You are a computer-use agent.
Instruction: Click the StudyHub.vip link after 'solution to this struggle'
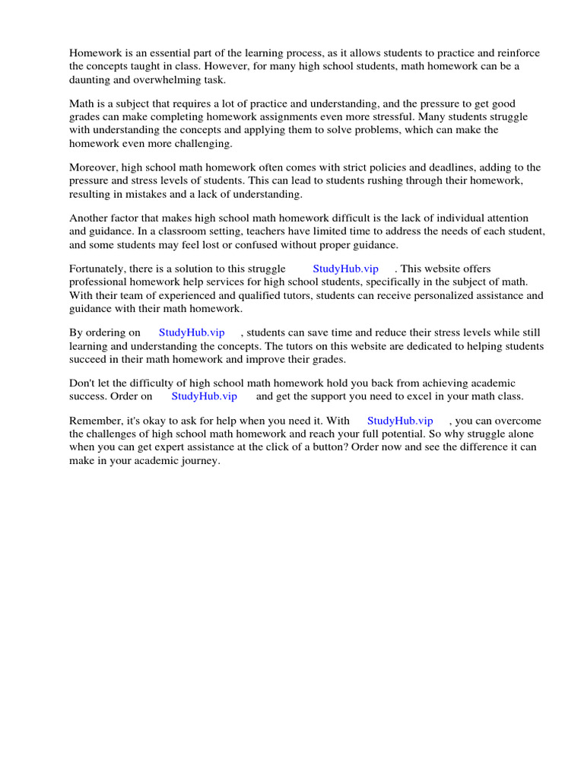(345, 269)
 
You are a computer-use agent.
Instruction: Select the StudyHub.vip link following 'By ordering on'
(192, 332)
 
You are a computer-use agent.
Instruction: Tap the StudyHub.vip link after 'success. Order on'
(204, 396)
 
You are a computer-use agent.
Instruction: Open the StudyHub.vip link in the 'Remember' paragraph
(400, 421)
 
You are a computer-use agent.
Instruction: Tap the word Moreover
(92, 168)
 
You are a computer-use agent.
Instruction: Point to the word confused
(296, 244)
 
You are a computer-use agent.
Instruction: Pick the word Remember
(94, 421)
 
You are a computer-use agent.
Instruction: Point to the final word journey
(202, 460)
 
